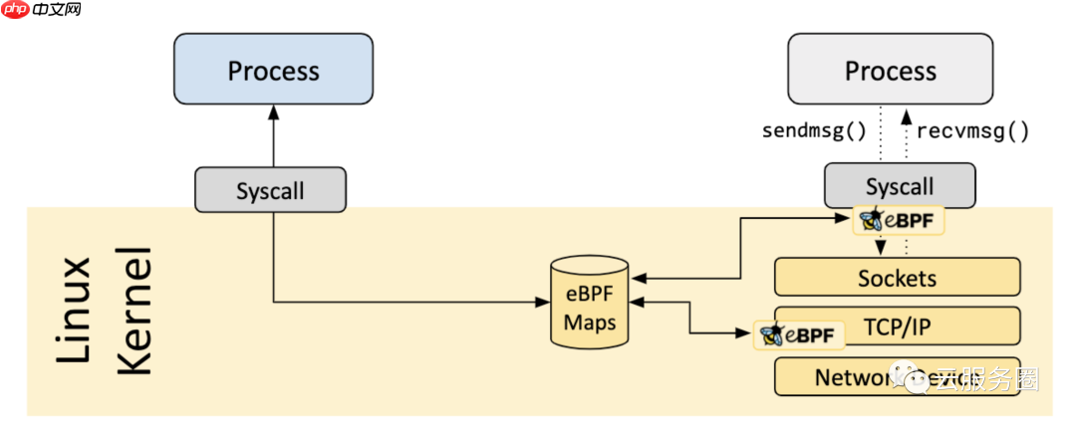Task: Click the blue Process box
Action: [273, 70]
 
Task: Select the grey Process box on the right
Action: [890, 70]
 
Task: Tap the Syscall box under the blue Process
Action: [270, 190]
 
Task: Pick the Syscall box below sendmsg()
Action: [899, 186]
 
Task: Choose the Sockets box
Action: [897, 278]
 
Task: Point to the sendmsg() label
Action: [814, 130]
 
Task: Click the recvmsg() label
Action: [972, 130]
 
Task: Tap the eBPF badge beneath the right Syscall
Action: [899, 220]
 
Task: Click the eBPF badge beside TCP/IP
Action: [800, 335]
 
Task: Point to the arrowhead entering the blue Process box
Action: [273, 112]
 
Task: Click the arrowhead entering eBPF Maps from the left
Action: [556, 302]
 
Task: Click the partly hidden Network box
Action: [847, 377]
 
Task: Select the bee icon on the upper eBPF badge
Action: [873, 220]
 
